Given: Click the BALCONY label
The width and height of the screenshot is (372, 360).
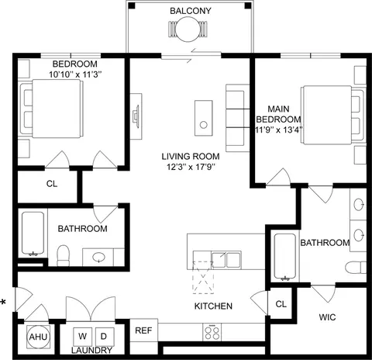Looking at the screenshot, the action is tap(191, 11).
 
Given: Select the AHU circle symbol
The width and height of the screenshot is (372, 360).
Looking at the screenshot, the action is tap(38, 337).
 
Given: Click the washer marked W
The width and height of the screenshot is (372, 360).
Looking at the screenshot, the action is tap(83, 336).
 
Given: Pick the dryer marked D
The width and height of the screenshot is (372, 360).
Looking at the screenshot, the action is tap(104, 336).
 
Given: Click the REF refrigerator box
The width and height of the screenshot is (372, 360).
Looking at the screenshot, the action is tap(143, 331).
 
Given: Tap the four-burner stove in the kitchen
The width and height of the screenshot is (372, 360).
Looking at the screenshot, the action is tap(212, 332).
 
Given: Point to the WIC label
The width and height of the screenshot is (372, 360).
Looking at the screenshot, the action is tap(327, 317).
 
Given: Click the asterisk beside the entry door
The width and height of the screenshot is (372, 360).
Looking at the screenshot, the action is tap(4, 302).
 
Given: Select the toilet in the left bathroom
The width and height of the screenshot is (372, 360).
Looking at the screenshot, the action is tap(63, 255).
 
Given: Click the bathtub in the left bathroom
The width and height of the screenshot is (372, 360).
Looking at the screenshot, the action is tap(33, 234).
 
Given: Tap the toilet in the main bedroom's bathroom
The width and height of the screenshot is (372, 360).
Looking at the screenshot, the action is tap(356, 267).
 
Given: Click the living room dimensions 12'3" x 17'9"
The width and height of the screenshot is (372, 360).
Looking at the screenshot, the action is tap(191, 167).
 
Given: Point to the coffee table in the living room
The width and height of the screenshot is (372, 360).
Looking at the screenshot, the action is tap(204, 118).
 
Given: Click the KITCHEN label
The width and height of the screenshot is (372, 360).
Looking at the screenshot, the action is tap(213, 306).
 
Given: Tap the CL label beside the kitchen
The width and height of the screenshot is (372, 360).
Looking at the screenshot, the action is tap(281, 304).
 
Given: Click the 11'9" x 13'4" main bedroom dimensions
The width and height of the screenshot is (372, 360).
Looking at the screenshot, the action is tap(278, 130).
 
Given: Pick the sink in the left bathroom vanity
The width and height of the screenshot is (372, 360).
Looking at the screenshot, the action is tap(99, 258).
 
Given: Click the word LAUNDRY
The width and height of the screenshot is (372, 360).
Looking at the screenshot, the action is tap(91, 351).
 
